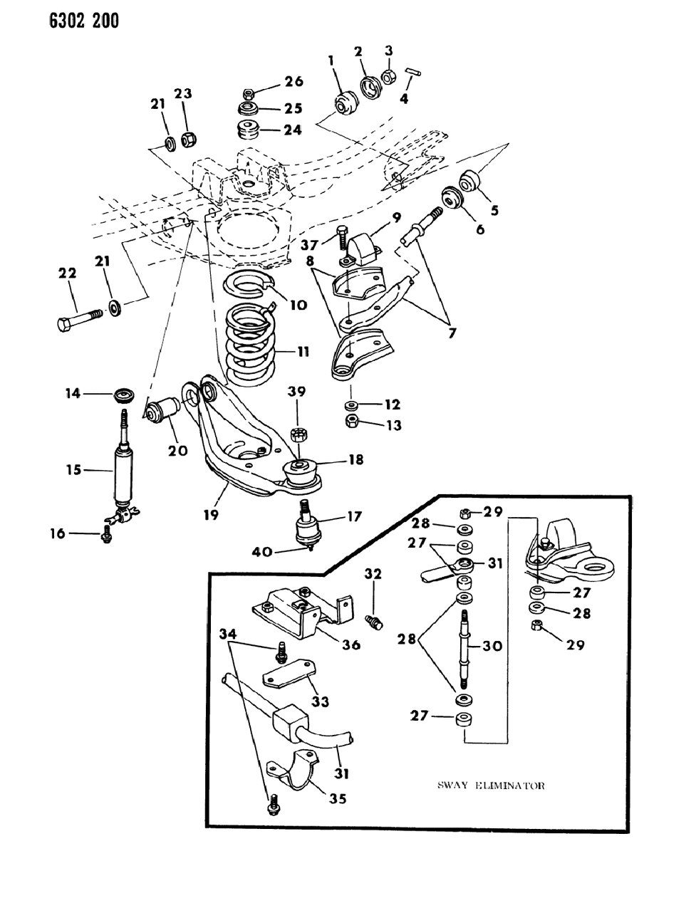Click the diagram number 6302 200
(64, 22)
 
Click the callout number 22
(67, 273)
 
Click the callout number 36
(350, 645)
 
